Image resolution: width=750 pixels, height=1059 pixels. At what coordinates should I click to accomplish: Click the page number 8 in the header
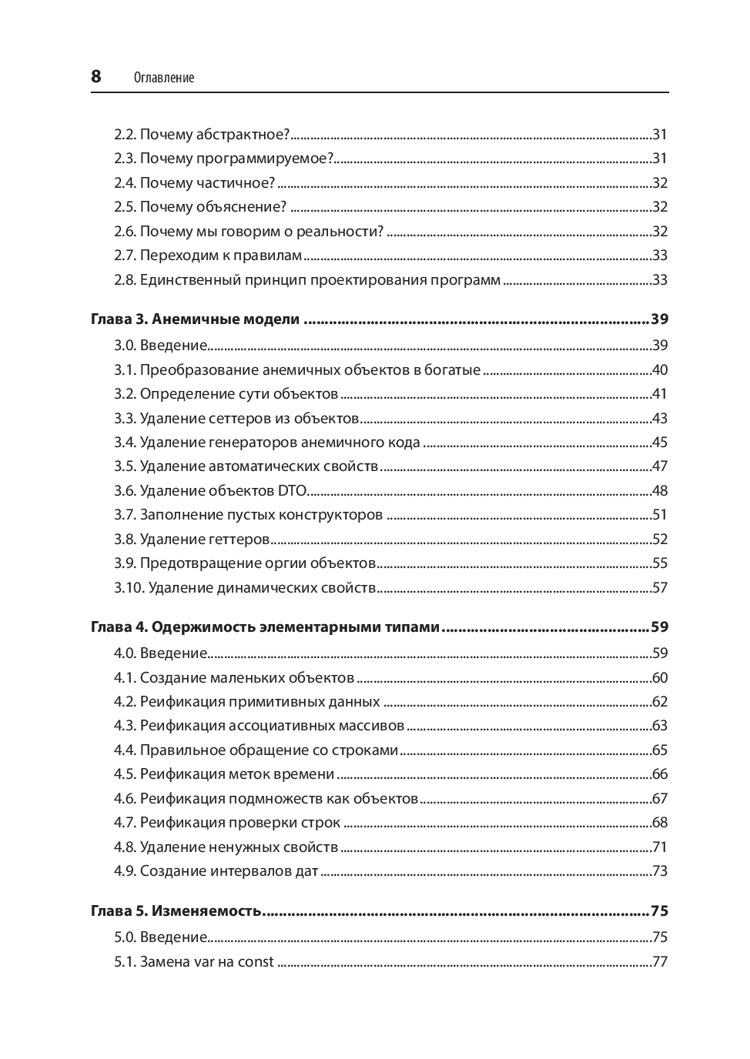pyautogui.click(x=96, y=76)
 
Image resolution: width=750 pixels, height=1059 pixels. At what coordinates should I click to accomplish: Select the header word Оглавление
pyautogui.click(x=164, y=78)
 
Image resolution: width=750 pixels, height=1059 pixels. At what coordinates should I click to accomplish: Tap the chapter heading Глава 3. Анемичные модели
pyautogui.click(x=195, y=319)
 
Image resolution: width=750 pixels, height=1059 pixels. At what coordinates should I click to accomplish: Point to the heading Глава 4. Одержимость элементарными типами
pyautogui.click(x=266, y=627)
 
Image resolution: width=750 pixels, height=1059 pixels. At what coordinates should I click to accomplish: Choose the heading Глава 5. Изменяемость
pyautogui.click(x=176, y=911)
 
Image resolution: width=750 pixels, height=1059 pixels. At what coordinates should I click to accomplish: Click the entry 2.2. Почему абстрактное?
pyautogui.click(x=202, y=135)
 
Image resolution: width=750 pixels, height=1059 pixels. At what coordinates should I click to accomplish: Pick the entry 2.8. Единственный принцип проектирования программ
pyautogui.click(x=307, y=280)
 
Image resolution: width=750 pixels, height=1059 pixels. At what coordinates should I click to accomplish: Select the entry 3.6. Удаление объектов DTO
pyautogui.click(x=210, y=491)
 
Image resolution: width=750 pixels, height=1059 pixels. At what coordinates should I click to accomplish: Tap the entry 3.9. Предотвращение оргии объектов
pyautogui.click(x=245, y=563)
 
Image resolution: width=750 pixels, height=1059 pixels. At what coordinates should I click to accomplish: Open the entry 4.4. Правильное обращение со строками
pyautogui.click(x=256, y=750)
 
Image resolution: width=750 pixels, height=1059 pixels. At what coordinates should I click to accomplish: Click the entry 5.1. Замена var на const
pyautogui.click(x=194, y=962)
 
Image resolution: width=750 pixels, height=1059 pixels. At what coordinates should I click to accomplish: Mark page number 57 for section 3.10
pyautogui.click(x=659, y=588)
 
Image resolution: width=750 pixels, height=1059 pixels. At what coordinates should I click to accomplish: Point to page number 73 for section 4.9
pyautogui.click(x=659, y=871)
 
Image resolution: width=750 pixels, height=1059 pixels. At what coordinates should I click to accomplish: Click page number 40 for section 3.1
pyautogui.click(x=659, y=370)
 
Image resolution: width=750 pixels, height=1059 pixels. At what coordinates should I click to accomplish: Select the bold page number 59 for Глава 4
pyautogui.click(x=659, y=627)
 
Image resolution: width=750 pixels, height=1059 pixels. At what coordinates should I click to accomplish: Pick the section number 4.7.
pyautogui.click(x=125, y=823)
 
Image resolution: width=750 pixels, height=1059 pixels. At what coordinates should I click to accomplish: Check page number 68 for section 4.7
pyautogui.click(x=659, y=823)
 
